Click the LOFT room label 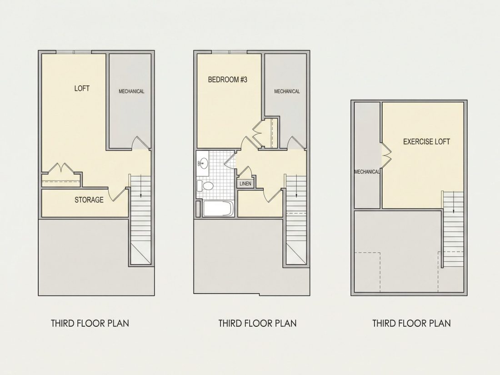pos(82,88)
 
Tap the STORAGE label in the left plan pos(89,200)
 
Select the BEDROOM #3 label pos(228,80)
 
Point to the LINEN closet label pos(245,184)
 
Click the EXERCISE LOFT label pos(427,141)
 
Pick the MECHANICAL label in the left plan pos(131,91)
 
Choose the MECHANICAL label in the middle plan pos(287,91)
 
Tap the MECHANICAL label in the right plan pos(367,171)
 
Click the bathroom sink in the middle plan pos(202,164)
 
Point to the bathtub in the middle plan pos(219,209)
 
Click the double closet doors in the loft pos(61,168)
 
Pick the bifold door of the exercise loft pos(386,155)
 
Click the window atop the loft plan pos(74,52)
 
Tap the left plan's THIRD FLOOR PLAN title pos(90,323)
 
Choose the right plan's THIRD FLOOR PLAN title pos(411,323)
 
